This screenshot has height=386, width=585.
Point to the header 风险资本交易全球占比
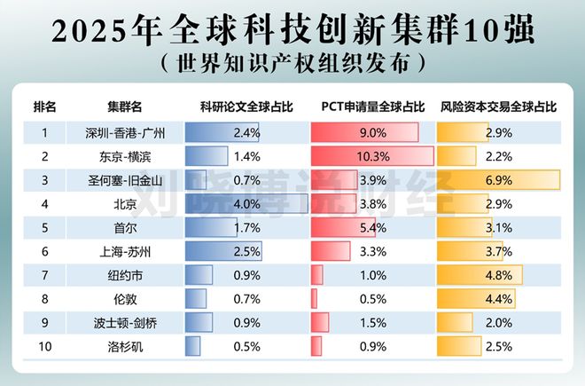point(499,106)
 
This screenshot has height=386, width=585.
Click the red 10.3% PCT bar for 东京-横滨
point(372,156)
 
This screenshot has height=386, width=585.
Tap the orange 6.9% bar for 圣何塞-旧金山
point(499,180)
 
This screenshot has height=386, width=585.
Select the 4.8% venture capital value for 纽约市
point(500,275)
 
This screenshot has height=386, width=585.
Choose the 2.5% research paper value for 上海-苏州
point(246,252)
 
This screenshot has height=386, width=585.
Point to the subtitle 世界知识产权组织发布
point(293,64)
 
